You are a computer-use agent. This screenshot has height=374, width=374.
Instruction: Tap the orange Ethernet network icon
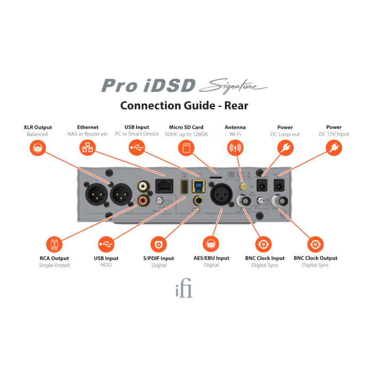coord(87,148)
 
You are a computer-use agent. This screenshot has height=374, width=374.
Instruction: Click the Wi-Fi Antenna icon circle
coord(235,148)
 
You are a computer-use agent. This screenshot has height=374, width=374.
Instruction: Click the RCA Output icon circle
coord(54,245)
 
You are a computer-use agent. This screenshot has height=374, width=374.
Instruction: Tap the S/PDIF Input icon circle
coord(158,245)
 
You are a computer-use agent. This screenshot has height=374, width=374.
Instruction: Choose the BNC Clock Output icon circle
coord(315,245)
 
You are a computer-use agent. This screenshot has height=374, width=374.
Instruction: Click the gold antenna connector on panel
coord(241,188)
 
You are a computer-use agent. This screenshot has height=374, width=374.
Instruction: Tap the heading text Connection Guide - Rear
coord(184,105)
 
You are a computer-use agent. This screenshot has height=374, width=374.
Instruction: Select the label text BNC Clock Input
coord(264,258)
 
